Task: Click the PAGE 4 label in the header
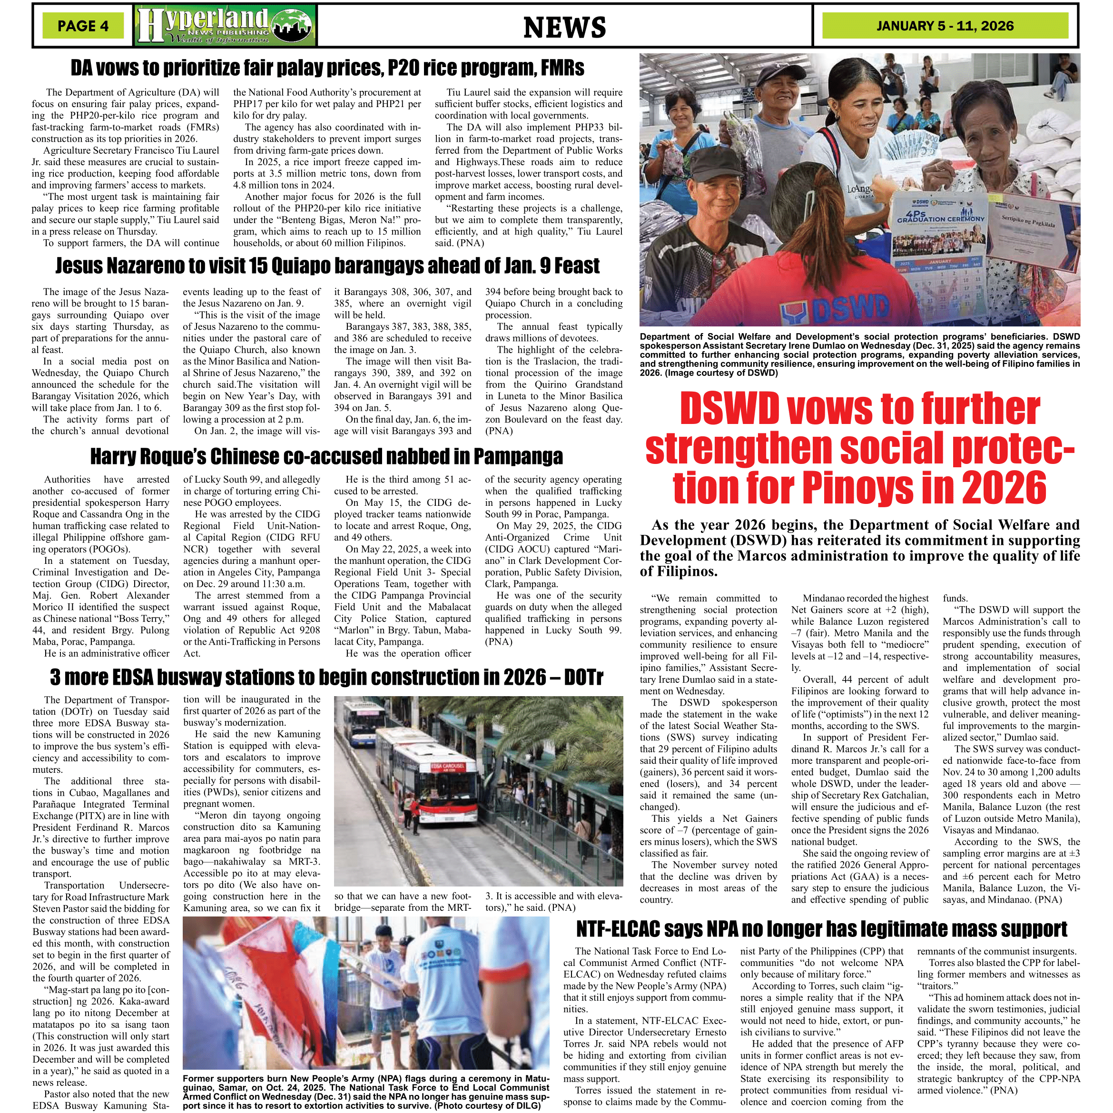click(83, 26)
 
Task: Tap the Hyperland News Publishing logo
click(225, 25)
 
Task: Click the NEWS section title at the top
click(564, 27)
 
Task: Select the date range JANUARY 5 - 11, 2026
click(945, 26)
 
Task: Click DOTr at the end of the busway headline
click(580, 678)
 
